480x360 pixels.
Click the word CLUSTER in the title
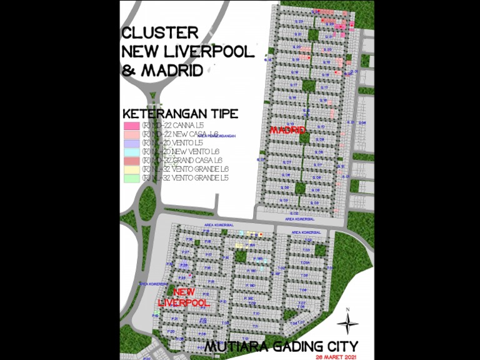tap(160, 32)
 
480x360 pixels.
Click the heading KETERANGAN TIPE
tap(181, 114)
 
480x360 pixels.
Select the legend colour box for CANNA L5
tap(131, 126)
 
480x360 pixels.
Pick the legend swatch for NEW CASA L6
tap(131, 134)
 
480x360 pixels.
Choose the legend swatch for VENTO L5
tap(131, 143)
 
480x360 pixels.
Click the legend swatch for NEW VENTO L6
tap(131, 152)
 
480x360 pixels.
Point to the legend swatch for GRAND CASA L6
tap(131, 161)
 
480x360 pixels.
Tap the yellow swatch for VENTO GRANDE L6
tap(131, 169)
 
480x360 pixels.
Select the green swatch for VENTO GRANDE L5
tap(131, 178)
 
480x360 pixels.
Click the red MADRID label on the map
tap(287, 130)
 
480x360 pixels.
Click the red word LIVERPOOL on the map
tap(183, 302)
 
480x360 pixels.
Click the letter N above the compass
tap(347, 309)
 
